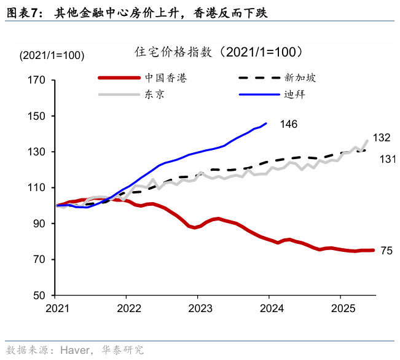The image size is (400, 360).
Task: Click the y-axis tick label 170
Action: pyautogui.click(x=37, y=80)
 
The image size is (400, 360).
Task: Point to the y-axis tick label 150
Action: pyautogui.click(x=37, y=116)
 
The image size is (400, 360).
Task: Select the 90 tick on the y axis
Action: pyautogui.click(x=39, y=224)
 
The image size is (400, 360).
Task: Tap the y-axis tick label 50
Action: pyautogui.click(x=39, y=295)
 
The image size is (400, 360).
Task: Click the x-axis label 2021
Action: pyautogui.click(x=57, y=307)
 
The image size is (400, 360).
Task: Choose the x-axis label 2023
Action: pyautogui.click(x=197, y=307)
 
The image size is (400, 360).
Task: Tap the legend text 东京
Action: pyautogui.click(x=154, y=95)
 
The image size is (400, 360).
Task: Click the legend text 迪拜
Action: pyautogui.click(x=294, y=95)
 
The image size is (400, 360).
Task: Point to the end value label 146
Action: pyautogui.click(x=288, y=124)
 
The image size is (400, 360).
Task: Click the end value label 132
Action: pyautogui.click(x=382, y=137)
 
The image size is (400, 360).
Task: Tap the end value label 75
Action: pyautogui.click(x=386, y=251)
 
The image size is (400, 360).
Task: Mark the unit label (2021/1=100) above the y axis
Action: pyautogui.click(x=52, y=55)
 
